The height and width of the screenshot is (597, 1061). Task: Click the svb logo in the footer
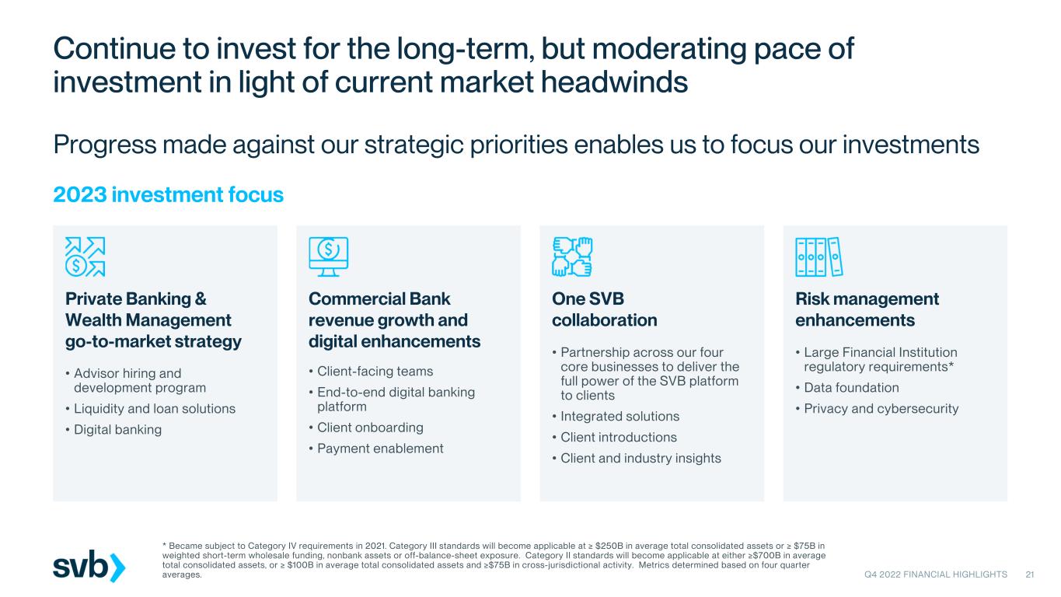[89, 566]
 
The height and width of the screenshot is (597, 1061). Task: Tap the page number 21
[1030, 574]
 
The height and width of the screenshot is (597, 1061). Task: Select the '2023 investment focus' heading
[168, 195]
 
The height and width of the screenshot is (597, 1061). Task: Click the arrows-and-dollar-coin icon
[86, 257]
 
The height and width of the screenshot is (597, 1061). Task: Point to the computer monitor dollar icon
[328, 257]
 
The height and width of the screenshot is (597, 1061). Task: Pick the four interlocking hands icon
[572, 257]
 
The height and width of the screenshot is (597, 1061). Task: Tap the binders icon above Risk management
[819, 257]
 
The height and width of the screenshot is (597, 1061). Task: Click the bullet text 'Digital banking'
[117, 430]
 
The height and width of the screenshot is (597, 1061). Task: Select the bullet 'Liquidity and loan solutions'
[155, 408]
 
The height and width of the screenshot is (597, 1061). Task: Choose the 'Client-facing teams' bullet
[375, 371]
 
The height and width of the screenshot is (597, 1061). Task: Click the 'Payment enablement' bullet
[380, 449]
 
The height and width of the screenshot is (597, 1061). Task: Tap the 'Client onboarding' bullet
[370, 428]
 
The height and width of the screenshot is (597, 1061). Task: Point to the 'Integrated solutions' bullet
[619, 416]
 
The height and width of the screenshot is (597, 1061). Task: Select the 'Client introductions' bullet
[619, 437]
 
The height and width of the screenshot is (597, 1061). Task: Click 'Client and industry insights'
[640, 458]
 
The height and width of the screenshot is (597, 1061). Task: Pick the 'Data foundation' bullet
[851, 388]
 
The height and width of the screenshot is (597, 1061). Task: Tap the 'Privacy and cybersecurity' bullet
[881, 408]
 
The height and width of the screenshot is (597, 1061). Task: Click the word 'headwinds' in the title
[614, 82]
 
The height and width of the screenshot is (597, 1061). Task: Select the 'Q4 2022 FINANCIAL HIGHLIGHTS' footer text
[936, 574]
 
